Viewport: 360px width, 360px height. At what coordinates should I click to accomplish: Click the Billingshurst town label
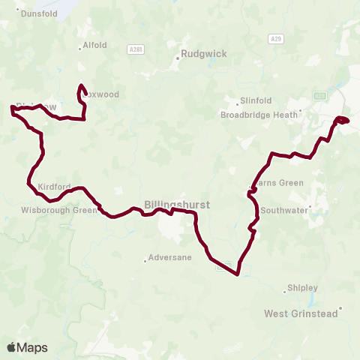(x=178, y=204)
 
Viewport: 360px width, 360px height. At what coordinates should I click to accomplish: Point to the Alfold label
(x=95, y=45)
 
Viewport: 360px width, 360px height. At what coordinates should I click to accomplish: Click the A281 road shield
(x=135, y=49)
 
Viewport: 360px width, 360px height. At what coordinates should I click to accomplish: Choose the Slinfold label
(x=254, y=102)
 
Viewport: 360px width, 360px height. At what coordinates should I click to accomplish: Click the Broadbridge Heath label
(x=259, y=115)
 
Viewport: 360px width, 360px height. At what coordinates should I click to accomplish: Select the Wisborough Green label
(x=60, y=210)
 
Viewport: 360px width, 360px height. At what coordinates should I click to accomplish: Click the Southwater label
(x=284, y=211)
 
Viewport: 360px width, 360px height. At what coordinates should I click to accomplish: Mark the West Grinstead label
(x=300, y=313)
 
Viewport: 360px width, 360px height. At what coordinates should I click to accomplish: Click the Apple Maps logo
(x=27, y=347)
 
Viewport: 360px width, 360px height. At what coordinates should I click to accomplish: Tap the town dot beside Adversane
(x=145, y=261)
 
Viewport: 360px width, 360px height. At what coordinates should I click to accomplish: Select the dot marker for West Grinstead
(x=340, y=307)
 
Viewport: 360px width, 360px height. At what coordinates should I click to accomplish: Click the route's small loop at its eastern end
(x=342, y=120)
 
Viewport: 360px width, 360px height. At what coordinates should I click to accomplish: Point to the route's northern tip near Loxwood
(x=80, y=85)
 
